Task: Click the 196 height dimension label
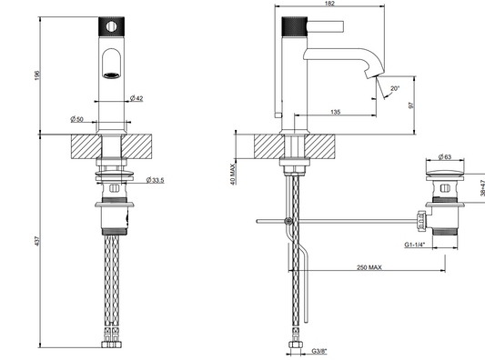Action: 37,75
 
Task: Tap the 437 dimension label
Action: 37,241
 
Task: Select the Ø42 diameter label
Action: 136,98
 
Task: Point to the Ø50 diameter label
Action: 76,119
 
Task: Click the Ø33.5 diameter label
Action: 155,180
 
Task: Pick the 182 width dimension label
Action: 329,4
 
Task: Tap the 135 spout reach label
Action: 335,112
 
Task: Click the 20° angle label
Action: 395,89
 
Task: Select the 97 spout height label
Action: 411,105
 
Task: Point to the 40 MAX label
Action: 233,174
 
